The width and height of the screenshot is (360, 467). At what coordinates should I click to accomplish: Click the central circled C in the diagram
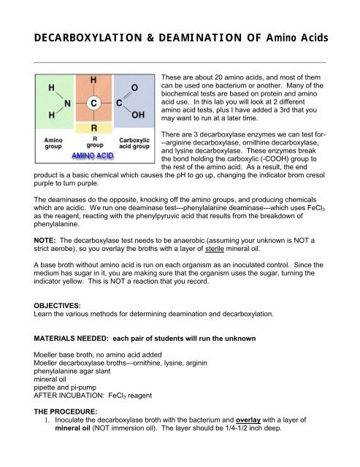[x=94, y=104]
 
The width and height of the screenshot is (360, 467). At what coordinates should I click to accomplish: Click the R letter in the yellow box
[x=94, y=130]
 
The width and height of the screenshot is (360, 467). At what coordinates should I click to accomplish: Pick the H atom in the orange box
[x=94, y=79]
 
